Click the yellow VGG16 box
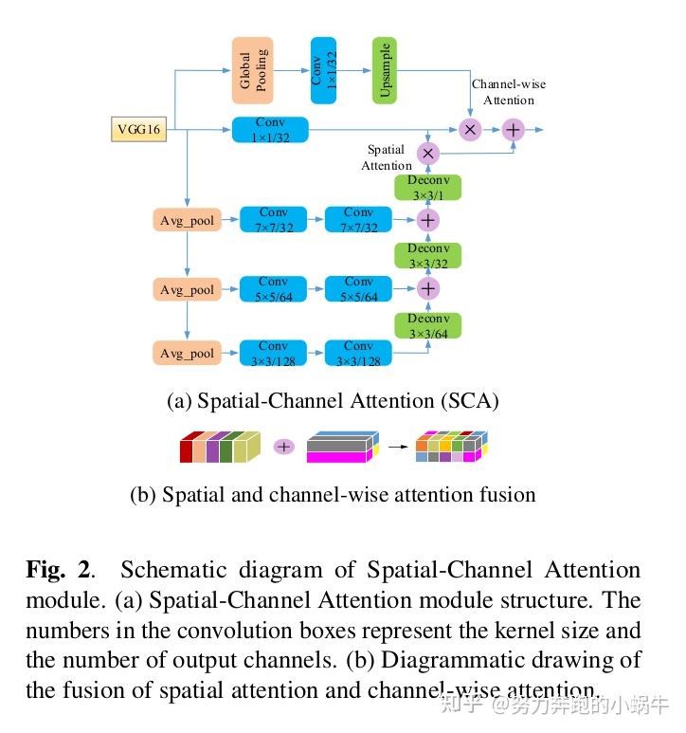tap(138, 129)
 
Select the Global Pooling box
tap(252, 70)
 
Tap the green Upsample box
tap(384, 70)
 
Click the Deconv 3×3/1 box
tap(427, 187)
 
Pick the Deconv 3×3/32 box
tap(427, 255)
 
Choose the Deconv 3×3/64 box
tap(427, 325)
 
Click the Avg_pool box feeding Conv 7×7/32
tap(187, 221)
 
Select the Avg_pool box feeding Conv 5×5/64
tap(187, 289)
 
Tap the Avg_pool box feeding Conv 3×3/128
tap(187, 353)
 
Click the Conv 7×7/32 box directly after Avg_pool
tap(273, 220)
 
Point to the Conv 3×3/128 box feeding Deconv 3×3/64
tap(358, 353)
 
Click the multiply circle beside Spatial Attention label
tap(428, 153)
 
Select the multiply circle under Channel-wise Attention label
tap(470, 130)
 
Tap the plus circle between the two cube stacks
tap(283, 446)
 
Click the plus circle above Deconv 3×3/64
tap(428, 288)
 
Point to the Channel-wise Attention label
tap(509, 92)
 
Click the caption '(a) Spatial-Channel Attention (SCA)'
tap(333, 401)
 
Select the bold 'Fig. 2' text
tap(59, 570)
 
